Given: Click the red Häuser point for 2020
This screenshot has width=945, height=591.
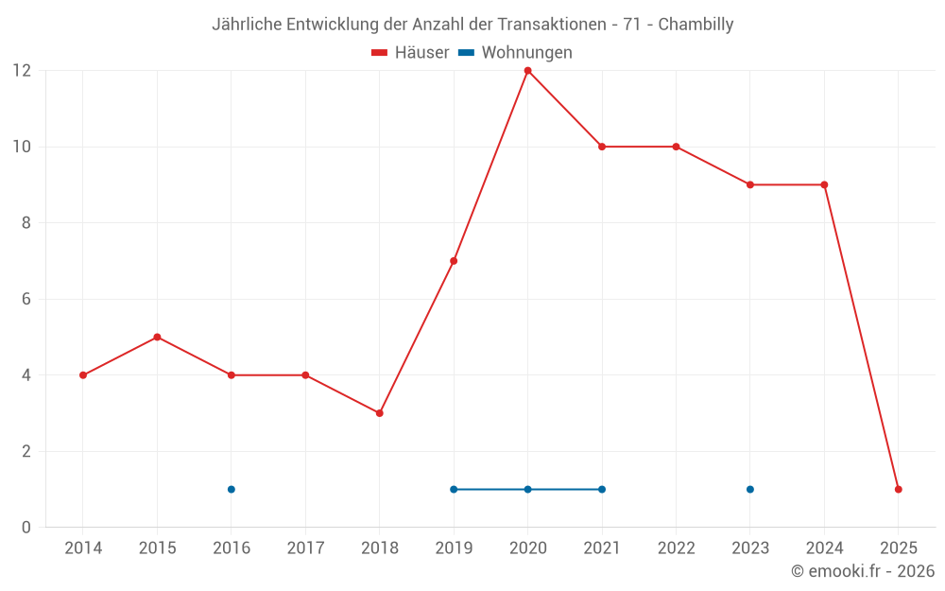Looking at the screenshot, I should coord(527,71).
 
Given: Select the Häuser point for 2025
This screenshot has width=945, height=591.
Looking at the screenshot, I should coord(899,489).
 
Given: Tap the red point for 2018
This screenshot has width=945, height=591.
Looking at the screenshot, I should coord(379,413).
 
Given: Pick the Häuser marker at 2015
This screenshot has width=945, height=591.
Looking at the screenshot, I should coord(157,337).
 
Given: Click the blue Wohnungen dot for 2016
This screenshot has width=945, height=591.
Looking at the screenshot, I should coord(231,489).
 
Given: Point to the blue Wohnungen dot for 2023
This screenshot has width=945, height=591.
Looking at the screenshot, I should coord(750,489).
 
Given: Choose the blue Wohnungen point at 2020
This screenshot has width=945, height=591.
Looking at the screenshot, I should coord(527,489).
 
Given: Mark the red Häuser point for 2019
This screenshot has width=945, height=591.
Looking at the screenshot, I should coord(454,261).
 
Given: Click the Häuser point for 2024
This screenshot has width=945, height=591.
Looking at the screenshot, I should coord(824,184).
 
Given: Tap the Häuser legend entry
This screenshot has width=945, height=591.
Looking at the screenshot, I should coord(410,53).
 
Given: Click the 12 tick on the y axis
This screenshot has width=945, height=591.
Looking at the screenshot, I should coord(22,71).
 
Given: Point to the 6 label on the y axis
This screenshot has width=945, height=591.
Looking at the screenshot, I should coord(26,299).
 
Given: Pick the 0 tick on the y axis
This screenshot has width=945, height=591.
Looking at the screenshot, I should coord(26,527).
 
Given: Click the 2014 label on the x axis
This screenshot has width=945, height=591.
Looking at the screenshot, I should coord(83,548).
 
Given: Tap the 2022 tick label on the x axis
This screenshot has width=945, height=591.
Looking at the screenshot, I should coord(676,548).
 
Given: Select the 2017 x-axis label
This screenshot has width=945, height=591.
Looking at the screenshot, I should coord(305,548).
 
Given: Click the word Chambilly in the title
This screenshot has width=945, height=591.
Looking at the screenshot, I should coord(696,25).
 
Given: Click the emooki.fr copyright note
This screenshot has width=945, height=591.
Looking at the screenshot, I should coord(863,571).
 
